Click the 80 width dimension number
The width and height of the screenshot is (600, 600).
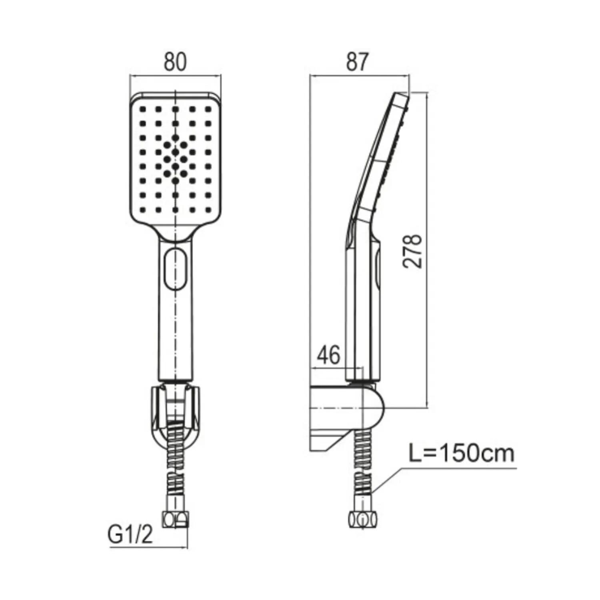point(175,62)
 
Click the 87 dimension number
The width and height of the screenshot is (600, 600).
point(357,62)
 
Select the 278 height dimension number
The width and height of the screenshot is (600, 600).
point(412,251)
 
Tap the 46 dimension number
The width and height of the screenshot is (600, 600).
point(329,354)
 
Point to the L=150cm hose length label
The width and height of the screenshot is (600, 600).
point(461,454)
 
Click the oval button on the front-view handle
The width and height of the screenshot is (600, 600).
point(175,268)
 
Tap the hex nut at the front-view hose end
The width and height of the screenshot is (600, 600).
point(175,520)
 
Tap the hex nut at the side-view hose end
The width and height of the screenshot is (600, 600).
point(363,520)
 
